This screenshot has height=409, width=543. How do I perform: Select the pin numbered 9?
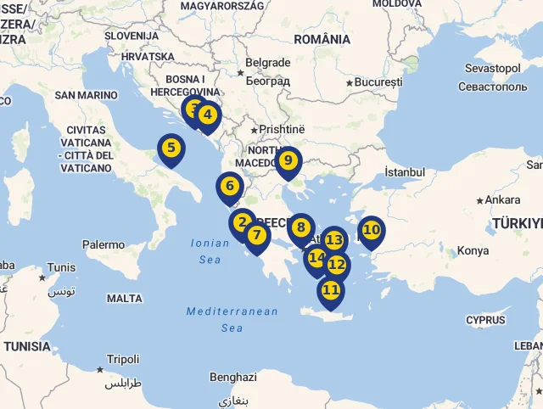pyautogui.click(x=288, y=160)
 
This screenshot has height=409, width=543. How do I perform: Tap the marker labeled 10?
pyautogui.click(x=371, y=230)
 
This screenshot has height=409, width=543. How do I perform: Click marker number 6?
pyautogui.click(x=229, y=186)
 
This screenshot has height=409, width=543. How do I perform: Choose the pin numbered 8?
pyautogui.click(x=300, y=227)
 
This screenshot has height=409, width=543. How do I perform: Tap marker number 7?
pyautogui.click(x=256, y=235)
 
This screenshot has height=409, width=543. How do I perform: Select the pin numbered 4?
pyautogui.click(x=207, y=115)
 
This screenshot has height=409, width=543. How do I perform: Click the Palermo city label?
pyautogui.click(x=104, y=244)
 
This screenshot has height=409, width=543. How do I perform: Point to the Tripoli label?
pyautogui.click(x=123, y=359)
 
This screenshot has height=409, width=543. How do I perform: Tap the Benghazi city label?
pyautogui.click(x=232, y=377)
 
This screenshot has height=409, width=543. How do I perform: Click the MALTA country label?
pyautogui.click(x=125, y=299)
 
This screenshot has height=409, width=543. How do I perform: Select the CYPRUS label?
pyautogui.click(x=485, y=320)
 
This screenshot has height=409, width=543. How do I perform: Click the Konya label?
pyautogui.click(x=473, y=251)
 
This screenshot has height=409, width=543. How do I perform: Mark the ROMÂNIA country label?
pyautogui.click(x=322, y=39)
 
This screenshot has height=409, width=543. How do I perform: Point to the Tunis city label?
pyautogui.click(x=61, y=268)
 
